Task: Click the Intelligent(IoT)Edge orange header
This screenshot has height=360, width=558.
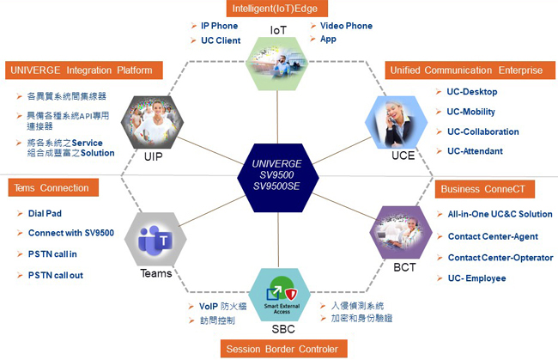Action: (278, 9)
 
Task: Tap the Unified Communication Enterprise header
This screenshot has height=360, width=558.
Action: (470, 70)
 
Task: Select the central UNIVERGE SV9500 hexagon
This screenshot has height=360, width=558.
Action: (278, 175)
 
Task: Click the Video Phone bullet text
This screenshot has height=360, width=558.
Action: (346, 26)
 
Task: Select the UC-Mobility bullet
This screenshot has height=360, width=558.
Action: (471, 112)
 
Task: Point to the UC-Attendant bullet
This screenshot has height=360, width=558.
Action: (475, 151)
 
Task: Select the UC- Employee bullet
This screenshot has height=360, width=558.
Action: (476, 278)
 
